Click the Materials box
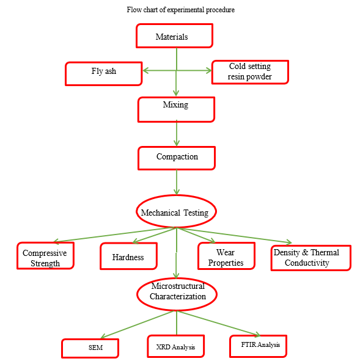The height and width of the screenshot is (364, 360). click(174, 36)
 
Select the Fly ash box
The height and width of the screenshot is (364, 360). click(103, 73)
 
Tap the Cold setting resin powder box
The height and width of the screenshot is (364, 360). click(250, 72)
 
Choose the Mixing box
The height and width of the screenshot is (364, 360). click(176, 109)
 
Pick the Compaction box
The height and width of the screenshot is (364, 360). click(177, 158)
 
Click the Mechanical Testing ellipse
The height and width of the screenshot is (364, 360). click(176, 211)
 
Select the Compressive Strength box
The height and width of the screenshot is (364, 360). click(45, 255)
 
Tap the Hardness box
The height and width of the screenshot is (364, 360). click(129, 256)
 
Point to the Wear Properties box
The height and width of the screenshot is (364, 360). click(226, 256)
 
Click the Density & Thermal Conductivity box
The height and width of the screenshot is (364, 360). click(311, 258)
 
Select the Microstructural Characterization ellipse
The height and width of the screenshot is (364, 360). click(177, 294)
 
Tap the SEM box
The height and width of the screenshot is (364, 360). click(90, 348)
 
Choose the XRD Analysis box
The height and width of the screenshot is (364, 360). click(176, 346)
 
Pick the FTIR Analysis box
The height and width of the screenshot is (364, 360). click(259, 346)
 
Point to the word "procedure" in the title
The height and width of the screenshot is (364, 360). click(221, 10)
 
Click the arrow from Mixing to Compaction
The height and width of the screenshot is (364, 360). click(177, 133)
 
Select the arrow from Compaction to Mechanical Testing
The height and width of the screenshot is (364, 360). click(177, 182)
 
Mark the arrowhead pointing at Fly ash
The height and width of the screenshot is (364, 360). click(145, 71)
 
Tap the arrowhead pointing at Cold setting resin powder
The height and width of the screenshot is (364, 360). click(208, 71)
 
